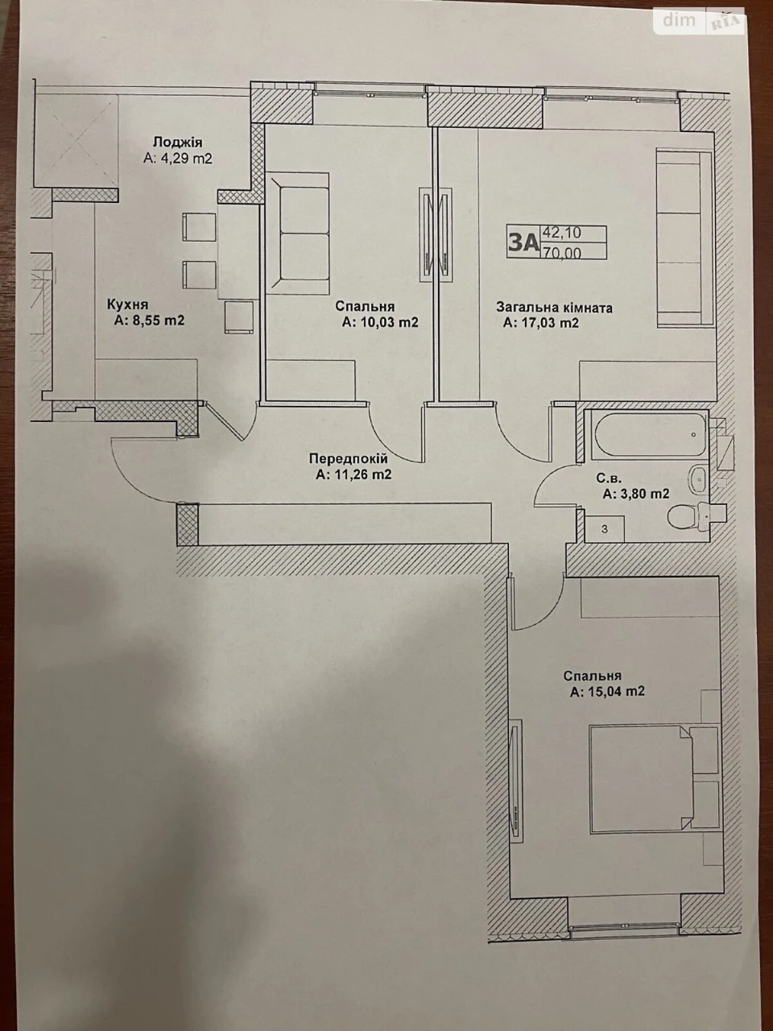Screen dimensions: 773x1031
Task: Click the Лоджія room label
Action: pyautogui.click(x=178, y=143)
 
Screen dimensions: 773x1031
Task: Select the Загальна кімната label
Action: pyautogui.click(x=554, y=308)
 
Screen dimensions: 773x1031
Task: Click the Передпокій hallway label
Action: pyautogui.click(x=348, y=458)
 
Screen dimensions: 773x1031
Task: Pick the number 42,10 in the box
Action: pyautogui.click(x=562, y=232)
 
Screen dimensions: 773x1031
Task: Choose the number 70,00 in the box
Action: pyautogui.click(x=562, y=253)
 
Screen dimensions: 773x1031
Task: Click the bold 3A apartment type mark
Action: pyautogui.click(x=523, y=242)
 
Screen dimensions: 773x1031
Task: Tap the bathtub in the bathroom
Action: pyautogui.click(x=648, y=433)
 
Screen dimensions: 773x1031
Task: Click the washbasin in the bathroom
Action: pyautogui.click(x=698, y=479)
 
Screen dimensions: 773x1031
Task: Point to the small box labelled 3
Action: pyautogui.click(x=605, y=529)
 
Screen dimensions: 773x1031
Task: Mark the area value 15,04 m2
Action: pyautogui.click(x=607, y=691)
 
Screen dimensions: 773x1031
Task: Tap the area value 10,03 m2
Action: pyautogui.click(x=380, y=323)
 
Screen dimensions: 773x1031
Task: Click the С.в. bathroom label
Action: pyautogui.click(x=610, y=478)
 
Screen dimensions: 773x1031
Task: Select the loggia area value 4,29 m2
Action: pyautogui.click(x=178, y=159)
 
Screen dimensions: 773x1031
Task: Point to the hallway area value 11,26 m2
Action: pyautogui.click(x=353, y=474)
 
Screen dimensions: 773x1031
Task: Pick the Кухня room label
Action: pyautogui.click(x=128, y=304)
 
